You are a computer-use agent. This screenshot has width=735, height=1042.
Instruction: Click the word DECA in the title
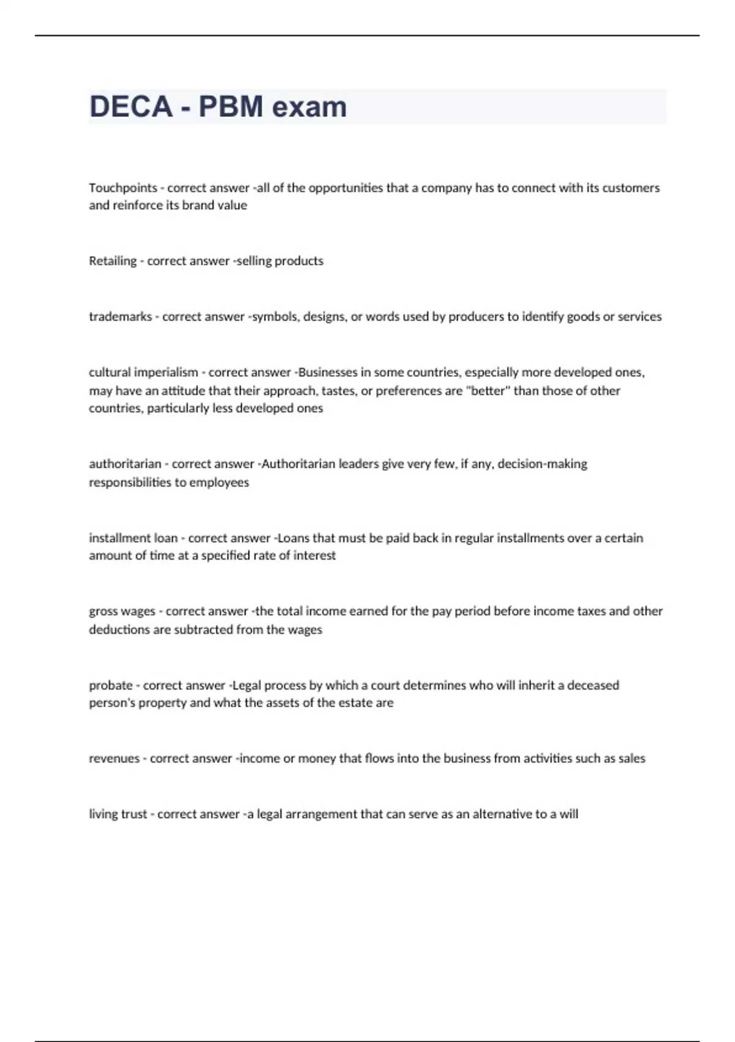(x=131, y=107)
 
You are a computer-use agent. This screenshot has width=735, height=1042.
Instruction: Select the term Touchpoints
(x=123, y=188)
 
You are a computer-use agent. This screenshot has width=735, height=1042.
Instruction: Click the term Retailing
(x=113, y=261)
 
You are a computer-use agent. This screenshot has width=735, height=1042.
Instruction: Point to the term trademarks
(x=120, y=317)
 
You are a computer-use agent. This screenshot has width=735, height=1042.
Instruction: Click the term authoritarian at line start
(x=125, y=464)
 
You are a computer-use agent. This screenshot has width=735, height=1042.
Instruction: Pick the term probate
(x=111, y=685)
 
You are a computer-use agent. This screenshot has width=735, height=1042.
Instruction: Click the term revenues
(x=115, y=759)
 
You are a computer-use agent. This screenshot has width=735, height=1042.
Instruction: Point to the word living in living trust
(x=102, y=815)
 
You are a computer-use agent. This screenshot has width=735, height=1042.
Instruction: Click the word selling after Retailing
(x=254, y=261)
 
